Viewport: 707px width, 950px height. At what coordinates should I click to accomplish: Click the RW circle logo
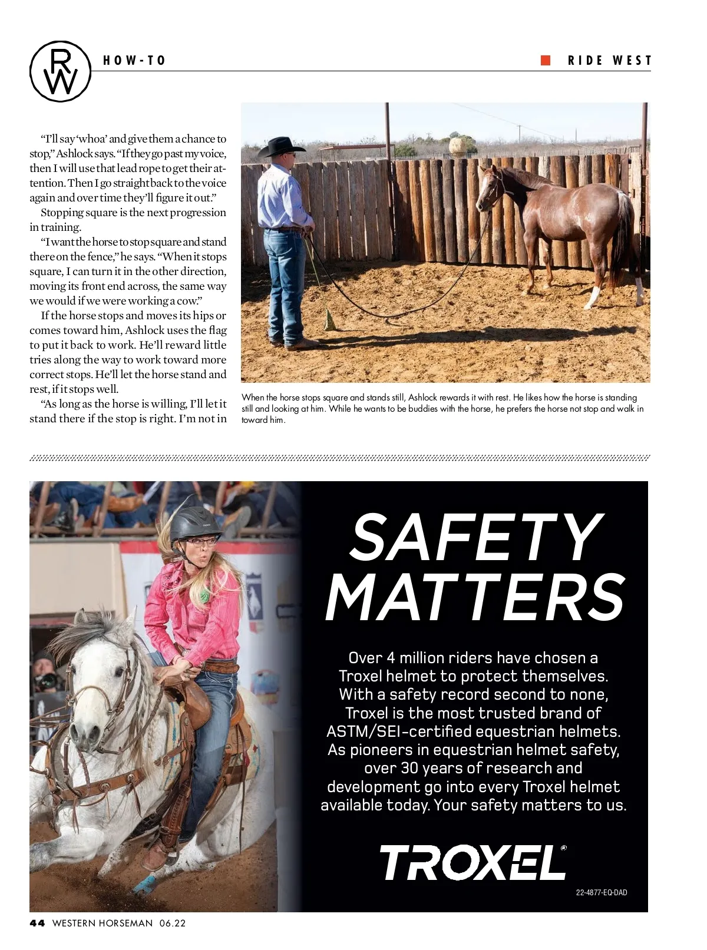[x=61, y=71]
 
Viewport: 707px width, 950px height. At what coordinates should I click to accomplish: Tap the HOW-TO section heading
[x=134, y=61]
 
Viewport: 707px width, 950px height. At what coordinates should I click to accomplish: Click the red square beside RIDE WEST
[x=546, y=60]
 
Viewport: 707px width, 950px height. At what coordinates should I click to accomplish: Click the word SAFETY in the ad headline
[x=476, y=537]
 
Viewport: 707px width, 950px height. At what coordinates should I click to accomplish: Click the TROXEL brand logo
[x=473, y=862]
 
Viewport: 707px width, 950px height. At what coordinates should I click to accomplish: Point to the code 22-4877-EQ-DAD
[x=601, y=892]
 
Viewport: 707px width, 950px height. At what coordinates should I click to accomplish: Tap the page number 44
[x=37, y=923]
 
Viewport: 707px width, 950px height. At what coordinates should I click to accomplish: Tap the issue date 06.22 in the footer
[x=172, y=923]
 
